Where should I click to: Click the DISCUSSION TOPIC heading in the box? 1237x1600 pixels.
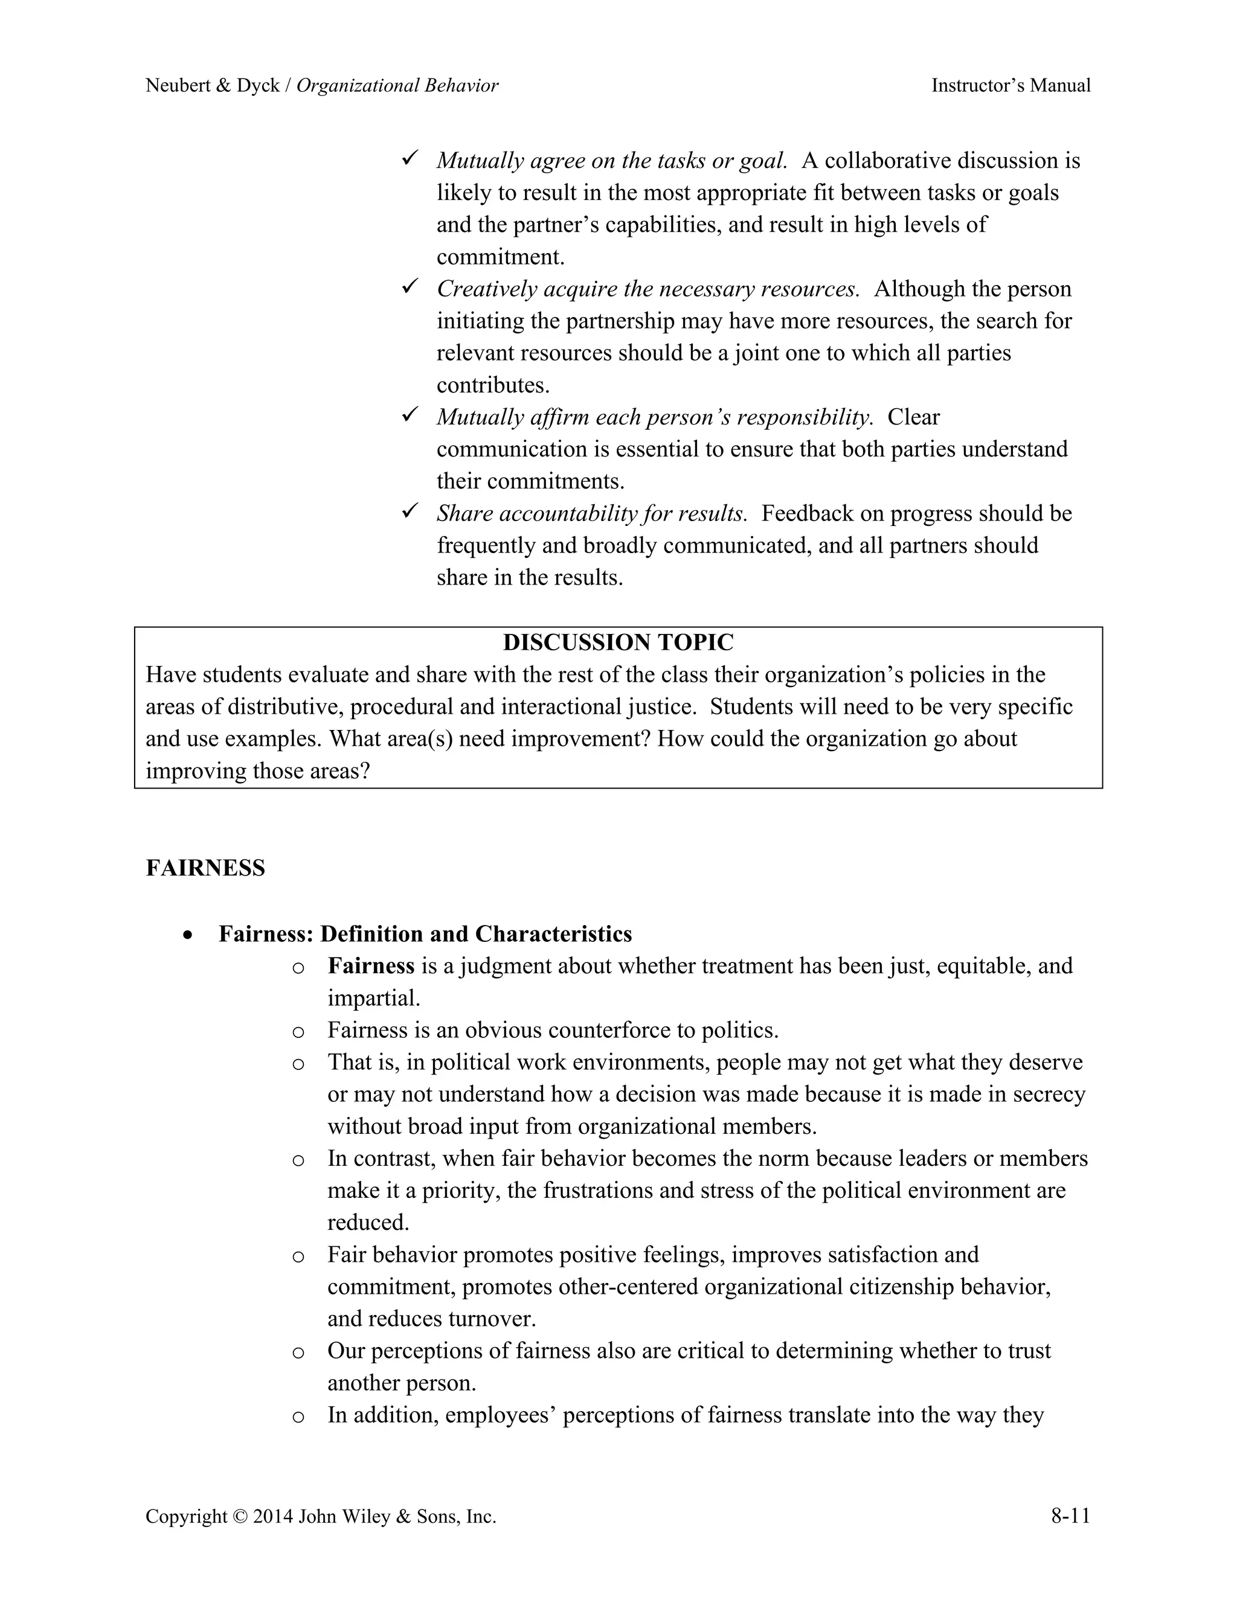(618, 642)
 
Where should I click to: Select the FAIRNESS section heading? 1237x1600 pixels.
(205, 868)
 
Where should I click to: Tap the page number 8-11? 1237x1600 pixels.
(1070, 1515)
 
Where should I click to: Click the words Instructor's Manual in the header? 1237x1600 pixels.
(1010, 86)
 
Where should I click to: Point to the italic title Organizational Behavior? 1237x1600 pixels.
(397, 86)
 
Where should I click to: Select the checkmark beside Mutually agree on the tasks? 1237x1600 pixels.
(410, 158)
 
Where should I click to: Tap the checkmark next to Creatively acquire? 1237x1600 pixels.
(410, 286)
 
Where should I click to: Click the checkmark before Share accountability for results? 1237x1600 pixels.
(410, 511)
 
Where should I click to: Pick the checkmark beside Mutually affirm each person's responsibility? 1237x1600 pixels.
(410, 415)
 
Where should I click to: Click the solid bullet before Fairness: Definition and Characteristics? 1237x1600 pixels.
(189, 935)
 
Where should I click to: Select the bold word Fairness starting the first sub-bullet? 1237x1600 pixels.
(371, 966)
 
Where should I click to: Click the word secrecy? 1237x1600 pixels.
(1049, 1095)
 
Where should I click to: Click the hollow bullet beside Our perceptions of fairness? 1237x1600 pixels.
(298, 1352)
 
